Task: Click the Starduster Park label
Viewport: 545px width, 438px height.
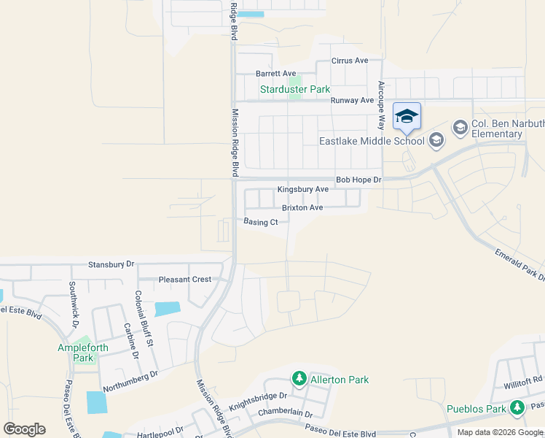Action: pos(295,90)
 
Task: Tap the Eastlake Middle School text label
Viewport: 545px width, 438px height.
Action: pos(372,141)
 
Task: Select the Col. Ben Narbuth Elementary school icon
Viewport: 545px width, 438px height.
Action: pos(460,128)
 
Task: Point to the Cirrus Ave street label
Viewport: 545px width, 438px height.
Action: pos(350,61)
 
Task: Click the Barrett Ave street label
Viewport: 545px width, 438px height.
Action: pos(275,74)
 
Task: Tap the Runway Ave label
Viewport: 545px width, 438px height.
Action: pos(352,101)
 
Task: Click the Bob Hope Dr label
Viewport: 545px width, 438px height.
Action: pos(358,180)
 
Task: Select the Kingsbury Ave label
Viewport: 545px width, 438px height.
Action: pos(302,190)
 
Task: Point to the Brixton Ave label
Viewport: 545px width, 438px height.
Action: pos(302,207)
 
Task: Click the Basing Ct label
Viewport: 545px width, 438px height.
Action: pos(261,222)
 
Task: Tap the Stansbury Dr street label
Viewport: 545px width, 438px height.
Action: pos(111,264)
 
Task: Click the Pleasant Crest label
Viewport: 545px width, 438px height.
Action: pos(184,280)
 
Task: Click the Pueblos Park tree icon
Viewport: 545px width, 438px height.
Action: pos(517,406)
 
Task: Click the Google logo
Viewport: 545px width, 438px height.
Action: pos(24,429)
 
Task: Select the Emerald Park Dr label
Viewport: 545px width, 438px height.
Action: pos(520,264)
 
